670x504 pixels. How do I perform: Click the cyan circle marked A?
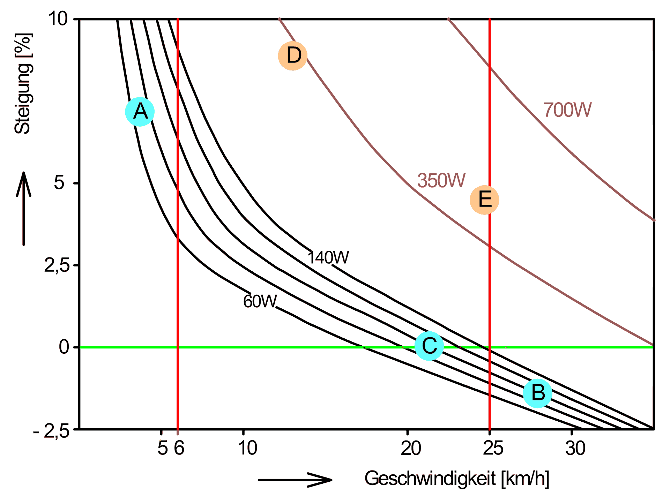click(140, 112)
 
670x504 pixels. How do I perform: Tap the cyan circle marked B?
click(537, 393)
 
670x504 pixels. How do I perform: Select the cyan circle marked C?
click(429, 346)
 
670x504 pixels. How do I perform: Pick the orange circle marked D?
click(293, 56)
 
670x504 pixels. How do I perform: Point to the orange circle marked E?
click(484, 200)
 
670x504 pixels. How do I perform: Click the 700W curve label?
click(567, 110)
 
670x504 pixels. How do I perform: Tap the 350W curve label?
click(441, 181)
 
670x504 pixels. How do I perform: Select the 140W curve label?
click(328, 258)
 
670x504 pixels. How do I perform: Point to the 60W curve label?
click(260, 301)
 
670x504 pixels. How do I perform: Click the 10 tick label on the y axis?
click(58, 18)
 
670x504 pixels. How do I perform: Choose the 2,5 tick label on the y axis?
click(57, 265)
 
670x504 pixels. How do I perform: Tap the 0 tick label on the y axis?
click(64, 347)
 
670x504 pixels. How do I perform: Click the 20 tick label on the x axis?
click(411, 448)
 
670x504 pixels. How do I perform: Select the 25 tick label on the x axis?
click(493, 448)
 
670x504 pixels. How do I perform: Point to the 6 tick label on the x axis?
click(179, 448)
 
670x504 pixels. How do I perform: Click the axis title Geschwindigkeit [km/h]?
click(456, 479)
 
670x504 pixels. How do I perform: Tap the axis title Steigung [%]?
click(23, 84)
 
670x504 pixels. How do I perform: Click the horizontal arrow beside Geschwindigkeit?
click(295, 480)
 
